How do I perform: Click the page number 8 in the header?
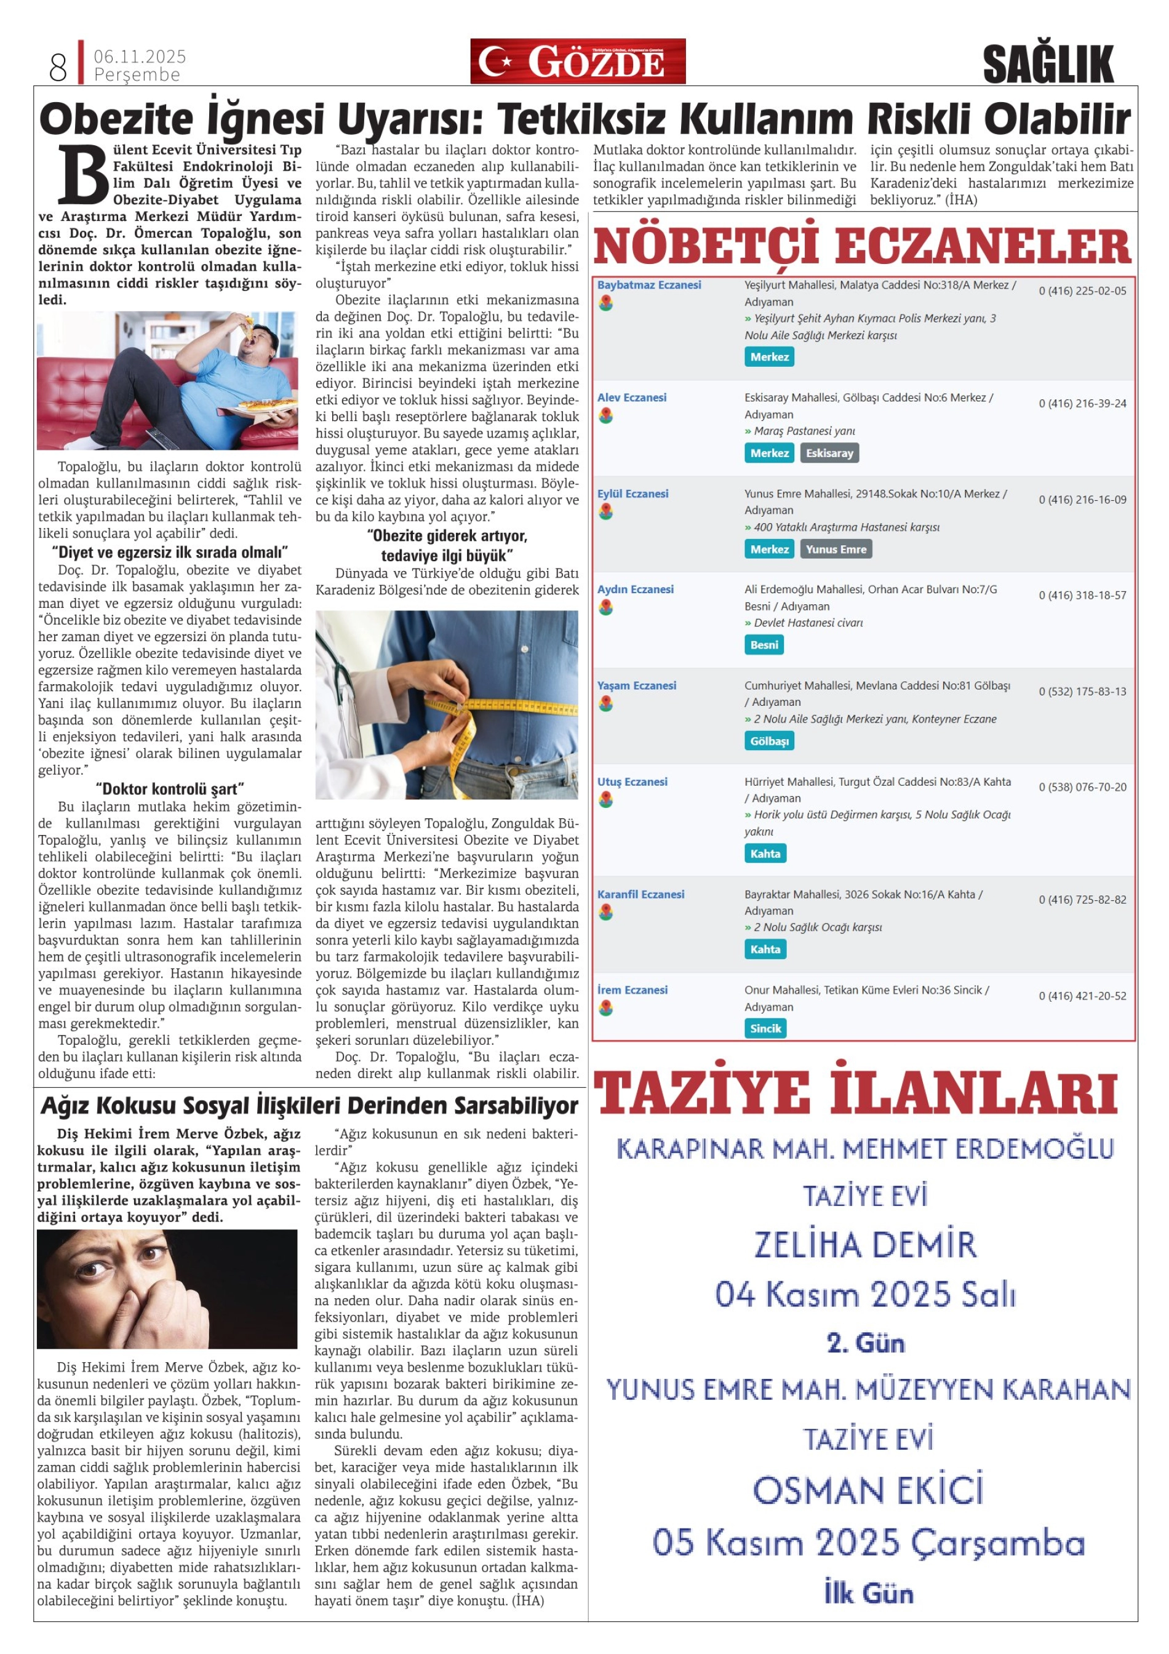pos(58,67)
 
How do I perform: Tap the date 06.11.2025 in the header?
pos(140,56)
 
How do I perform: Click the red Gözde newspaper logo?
pos(578,62)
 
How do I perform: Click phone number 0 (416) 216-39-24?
pos(1082,404)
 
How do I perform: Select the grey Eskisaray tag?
pos(829,453)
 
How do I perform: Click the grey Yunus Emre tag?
pos(836,549)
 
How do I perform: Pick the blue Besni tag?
pos(764,645)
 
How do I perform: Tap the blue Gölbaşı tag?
pos(768,741)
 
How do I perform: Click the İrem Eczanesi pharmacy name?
pos(632,990)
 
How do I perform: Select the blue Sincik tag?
pos(765,1028)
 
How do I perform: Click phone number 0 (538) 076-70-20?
pos(1082,788)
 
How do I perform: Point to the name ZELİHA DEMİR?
pos(865,1245)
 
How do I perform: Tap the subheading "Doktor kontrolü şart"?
pos(170,789)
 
